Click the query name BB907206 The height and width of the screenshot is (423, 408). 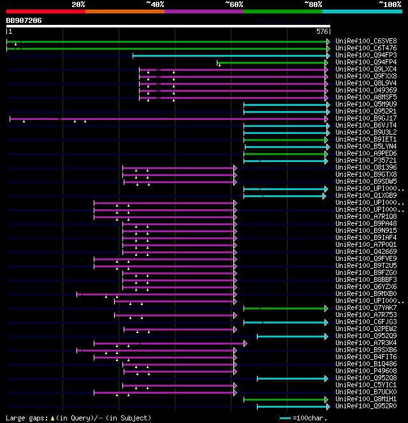(24, 20)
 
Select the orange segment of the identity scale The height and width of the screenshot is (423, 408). (124, 11)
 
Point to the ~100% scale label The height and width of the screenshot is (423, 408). (390, 4)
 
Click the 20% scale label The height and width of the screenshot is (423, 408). (78, 4)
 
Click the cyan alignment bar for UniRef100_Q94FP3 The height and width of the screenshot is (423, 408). (229, 56)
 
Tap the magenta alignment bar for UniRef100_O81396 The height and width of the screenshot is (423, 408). (178, 168)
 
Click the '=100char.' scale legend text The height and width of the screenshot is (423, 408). (311, 418)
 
